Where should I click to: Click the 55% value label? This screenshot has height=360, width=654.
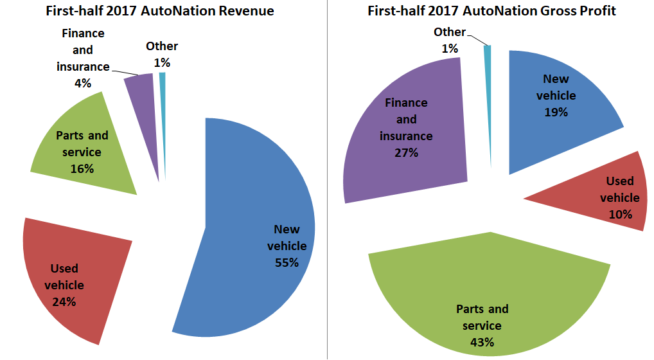287,262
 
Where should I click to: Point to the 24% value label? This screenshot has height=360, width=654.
64,301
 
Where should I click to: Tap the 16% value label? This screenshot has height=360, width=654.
82,168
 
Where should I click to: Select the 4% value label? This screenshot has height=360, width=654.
83,83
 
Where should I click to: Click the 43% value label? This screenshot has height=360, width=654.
482,342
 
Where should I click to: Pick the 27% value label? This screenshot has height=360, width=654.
406,152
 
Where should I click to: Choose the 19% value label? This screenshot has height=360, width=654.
556,113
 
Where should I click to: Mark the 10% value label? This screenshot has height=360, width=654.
621,214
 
